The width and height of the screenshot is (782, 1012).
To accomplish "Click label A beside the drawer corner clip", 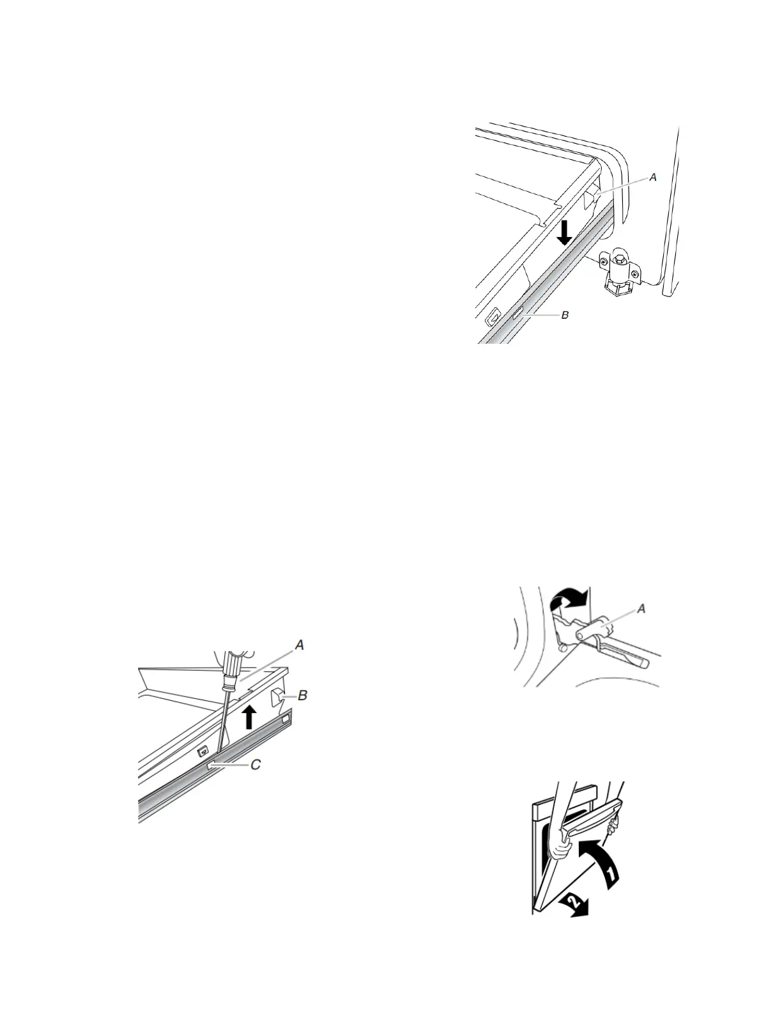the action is click(x=652, y=178).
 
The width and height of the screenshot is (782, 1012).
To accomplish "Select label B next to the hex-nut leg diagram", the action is click(x=564, y=315).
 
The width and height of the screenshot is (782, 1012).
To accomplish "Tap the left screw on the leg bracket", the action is click(x=602, y=261).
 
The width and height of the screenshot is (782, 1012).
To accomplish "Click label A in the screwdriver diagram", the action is click(x=298, y=646).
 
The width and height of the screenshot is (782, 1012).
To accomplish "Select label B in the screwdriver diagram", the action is click(x=303, y=695).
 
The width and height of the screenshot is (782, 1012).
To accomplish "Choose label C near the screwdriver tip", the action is click(x=255, y=765).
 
